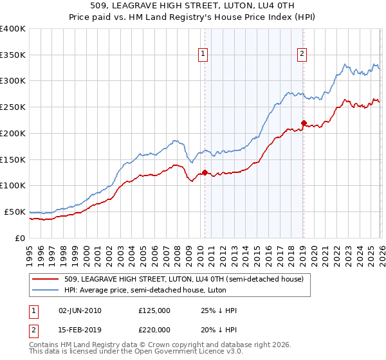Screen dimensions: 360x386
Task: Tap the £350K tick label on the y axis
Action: pos(12,55)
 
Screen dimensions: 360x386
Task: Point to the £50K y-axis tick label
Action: pos(14,212)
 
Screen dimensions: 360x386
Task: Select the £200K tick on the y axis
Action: pos(12,133)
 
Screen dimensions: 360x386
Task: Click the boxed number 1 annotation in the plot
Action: pos(203,55)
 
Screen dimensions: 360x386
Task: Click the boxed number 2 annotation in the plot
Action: pos(302,55)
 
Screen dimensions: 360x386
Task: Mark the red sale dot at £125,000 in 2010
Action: pos(205,172)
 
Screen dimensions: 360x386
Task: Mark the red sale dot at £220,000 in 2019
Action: pos(303,123)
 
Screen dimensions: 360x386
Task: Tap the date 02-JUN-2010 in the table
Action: pos(80,310)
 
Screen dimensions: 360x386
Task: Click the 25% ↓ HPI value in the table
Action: pos(219,310)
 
